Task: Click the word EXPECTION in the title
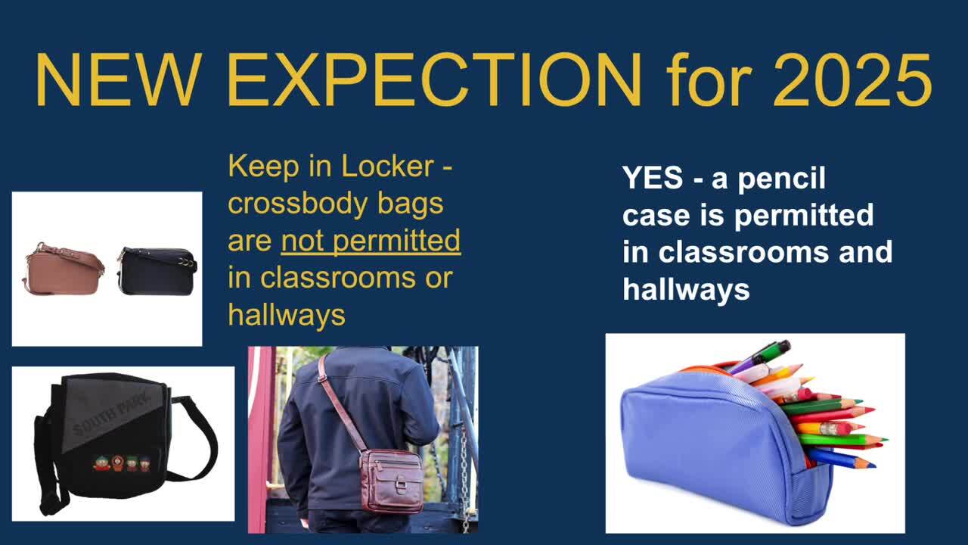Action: point(435,80)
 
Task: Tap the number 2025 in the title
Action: point(852,80)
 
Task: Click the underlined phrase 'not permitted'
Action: point(371,241)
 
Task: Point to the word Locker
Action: point(387,166)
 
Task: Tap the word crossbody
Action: point(297,204)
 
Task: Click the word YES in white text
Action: point(653,178)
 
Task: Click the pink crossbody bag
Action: point(63,269)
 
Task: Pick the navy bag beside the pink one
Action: point(157,271)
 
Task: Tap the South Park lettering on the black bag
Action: point(112,413)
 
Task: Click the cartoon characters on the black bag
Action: point(122,464)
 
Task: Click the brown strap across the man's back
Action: point(341,402)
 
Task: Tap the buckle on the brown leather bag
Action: point(401,484)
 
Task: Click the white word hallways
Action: point(686,289)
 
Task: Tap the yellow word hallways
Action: point(287,316)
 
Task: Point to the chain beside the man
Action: point(464,476)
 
